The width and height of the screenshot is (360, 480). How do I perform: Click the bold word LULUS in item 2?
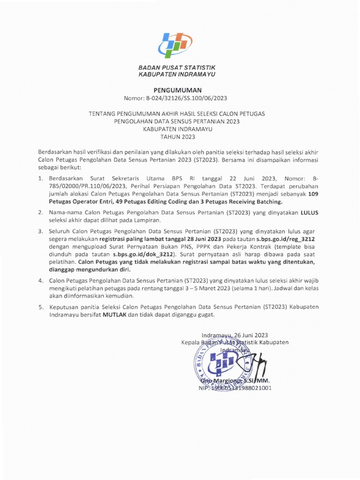309,212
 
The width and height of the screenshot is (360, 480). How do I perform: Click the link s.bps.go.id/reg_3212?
287,238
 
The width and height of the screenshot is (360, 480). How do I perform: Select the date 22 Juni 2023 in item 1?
233,179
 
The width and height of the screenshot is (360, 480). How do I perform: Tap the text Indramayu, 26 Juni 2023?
234,335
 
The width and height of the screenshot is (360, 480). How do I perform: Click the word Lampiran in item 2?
147,220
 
